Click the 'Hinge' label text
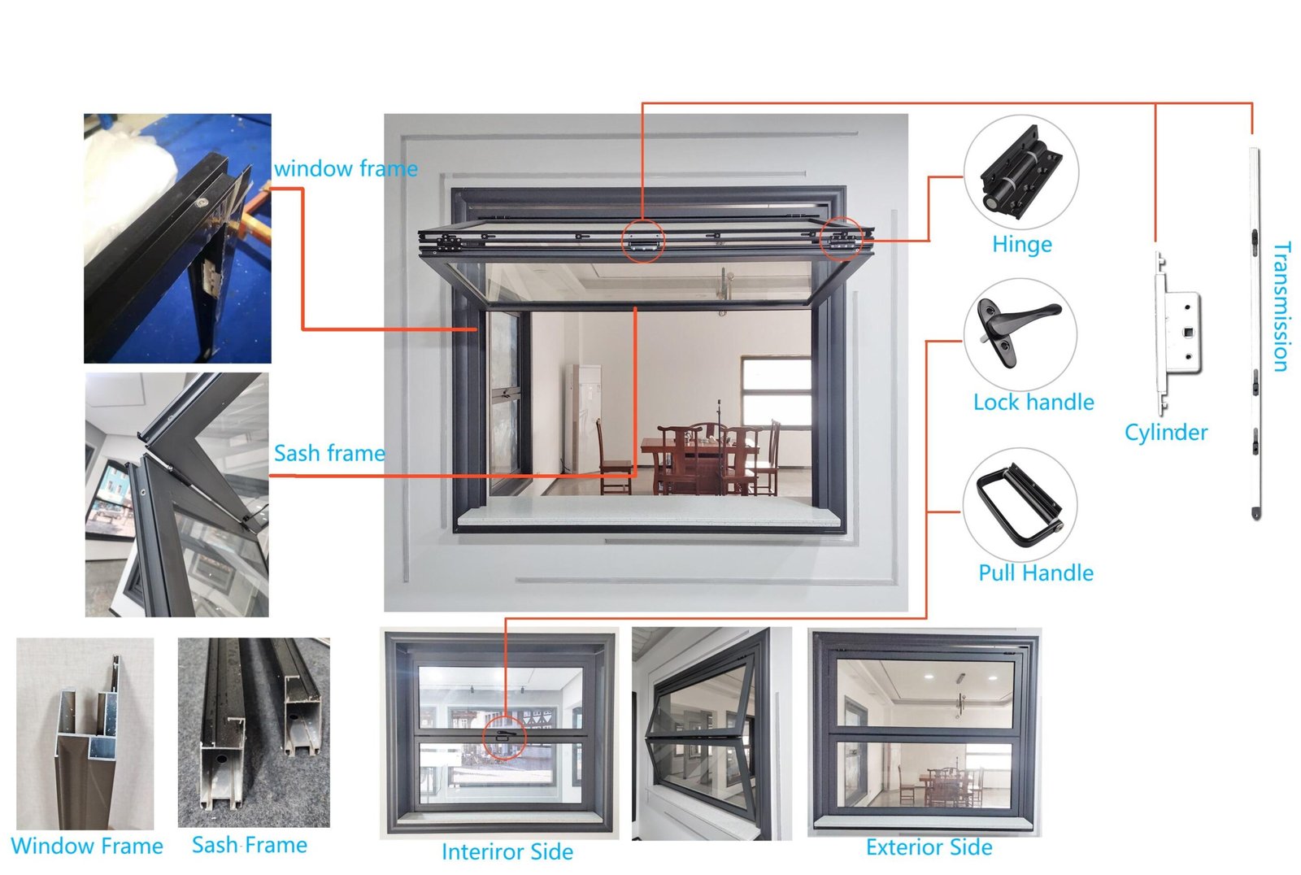[x=1021, y=244]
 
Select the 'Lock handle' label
[x=1033, y=402]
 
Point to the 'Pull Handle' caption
[x=1035, y=572]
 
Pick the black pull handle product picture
[x=1020, y=505]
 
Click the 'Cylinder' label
[x=1165, y=432]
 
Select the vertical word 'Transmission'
[x=1281, y=307]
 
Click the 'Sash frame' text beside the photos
[x=329, y=453]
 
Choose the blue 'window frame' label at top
[x=346, y=169]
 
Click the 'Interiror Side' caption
[x=507, y=851]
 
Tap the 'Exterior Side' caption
[x=929, y=847]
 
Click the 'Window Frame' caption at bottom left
[x=87, y=846]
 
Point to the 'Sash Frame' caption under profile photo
[x=249, y=845]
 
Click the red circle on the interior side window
[x=505, y=738]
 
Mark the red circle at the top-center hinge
[x=642, y=241]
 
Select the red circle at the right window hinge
[x=841, y=238]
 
